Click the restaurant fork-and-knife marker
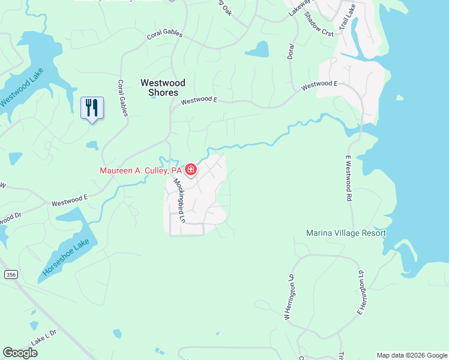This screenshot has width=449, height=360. (92, 108)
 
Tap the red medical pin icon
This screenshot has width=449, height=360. (190, 170)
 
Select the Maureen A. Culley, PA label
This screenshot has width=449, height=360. (140, 171)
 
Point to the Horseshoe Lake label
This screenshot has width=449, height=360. (67, 260)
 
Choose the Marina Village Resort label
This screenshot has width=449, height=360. (346, 233)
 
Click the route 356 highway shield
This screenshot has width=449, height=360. (10, 274)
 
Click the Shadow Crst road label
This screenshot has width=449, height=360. (319, 24)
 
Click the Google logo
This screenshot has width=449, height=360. (20, 353)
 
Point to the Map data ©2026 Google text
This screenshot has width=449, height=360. (411, 355)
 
